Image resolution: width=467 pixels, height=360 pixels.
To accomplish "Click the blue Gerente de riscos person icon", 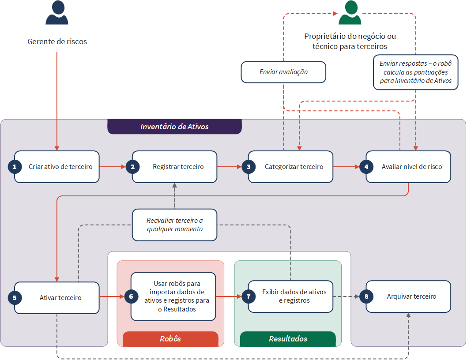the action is (x=57, y=12).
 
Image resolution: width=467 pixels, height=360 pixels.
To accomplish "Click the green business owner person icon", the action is (x=350, y=12).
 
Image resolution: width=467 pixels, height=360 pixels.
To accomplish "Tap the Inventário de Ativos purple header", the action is (x=174, y=127).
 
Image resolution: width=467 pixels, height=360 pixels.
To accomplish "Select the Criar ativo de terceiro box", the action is (x=57, y=167).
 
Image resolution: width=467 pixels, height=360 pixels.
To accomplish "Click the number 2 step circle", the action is (x=132, y=167).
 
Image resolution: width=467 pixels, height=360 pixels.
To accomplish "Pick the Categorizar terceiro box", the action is (x=291, y=167).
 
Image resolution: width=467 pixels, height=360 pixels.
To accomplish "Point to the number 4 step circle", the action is (x=366, y=167).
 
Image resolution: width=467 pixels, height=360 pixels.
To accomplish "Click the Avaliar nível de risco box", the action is (x=408, y=167).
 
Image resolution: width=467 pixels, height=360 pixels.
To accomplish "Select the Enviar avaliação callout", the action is (x=283, y=72).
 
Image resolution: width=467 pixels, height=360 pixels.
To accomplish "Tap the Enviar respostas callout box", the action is (x=416, y=72).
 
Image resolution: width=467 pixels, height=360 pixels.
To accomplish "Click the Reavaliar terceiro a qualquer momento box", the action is (x=174, y=225).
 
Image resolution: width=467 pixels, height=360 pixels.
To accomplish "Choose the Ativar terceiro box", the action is (x=57, y=298).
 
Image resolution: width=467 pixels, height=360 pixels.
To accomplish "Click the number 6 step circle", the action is (x=131, y=296).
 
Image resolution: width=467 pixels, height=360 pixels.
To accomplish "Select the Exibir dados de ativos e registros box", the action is (x=291, y=296).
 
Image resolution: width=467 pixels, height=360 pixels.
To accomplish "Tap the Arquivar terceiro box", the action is (x=408, y=296).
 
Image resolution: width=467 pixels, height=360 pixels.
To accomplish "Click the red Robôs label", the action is (x=170, y=339).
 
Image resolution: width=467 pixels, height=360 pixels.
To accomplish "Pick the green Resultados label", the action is (x=288, y=339).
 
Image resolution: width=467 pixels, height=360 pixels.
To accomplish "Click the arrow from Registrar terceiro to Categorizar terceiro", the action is (x=230, y=167).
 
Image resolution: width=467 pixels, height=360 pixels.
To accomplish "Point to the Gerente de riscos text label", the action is (x=57, y=41).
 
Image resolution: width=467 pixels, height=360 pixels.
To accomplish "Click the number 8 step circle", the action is (x=366, y=296).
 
